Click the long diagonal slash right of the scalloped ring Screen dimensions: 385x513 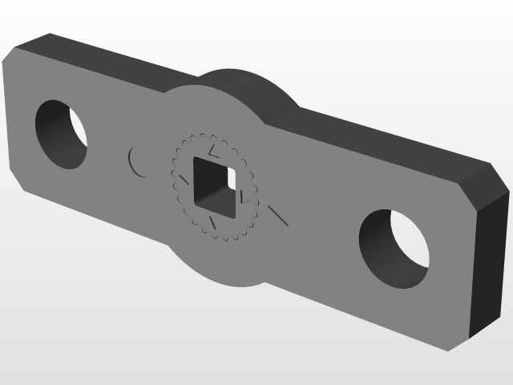point(277,214)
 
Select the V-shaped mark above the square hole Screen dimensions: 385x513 point(212,150)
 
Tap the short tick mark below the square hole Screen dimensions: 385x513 point(212,225)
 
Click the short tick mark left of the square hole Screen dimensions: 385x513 point(184,181)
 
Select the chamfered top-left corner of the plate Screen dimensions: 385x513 point(11,55)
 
